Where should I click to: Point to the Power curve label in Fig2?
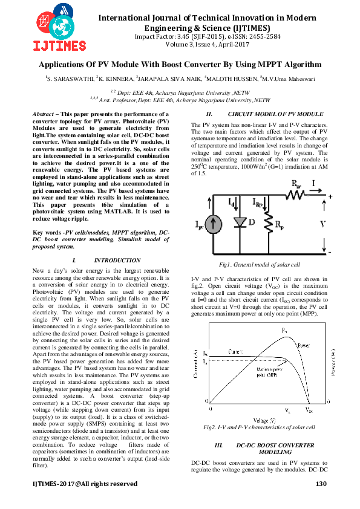pyautogui.click(x=304, y=346)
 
